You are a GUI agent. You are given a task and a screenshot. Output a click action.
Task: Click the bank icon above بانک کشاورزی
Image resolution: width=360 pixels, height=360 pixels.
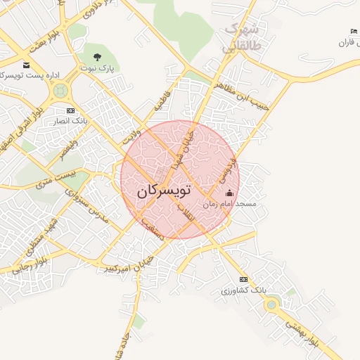(243, 279)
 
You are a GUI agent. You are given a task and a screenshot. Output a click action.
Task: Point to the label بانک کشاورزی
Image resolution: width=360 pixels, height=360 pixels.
(243, 290)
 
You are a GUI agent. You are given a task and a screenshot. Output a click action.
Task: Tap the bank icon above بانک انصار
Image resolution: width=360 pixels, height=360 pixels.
(70, 110)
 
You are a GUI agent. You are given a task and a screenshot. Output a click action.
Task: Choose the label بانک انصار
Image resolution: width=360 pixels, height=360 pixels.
(70, 121)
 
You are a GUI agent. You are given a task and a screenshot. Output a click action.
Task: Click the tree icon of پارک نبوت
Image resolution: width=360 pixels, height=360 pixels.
(97, 57)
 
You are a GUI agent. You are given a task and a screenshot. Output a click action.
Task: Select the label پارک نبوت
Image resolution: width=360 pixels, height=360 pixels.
(96, 67)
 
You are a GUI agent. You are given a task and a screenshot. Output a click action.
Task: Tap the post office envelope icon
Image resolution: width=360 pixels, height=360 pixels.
(26, 65)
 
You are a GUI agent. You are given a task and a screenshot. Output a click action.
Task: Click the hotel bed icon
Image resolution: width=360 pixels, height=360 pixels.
(354, 32)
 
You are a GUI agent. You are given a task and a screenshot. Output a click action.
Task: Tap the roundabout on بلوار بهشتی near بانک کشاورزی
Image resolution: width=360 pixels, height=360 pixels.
(271, 304)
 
